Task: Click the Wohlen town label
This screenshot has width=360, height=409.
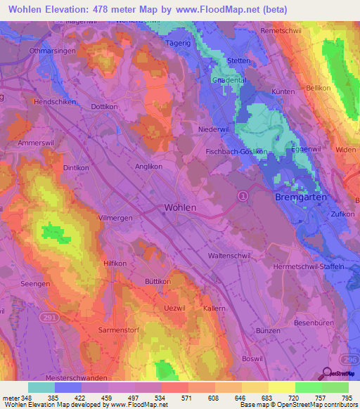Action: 180,208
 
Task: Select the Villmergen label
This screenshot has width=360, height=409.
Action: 115,219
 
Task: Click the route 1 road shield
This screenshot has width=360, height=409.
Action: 243,195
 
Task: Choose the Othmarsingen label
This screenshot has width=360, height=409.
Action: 52,51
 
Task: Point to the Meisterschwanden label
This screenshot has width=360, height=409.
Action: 64,377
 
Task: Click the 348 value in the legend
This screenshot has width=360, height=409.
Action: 19,398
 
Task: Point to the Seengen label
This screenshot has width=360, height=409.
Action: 36,283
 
